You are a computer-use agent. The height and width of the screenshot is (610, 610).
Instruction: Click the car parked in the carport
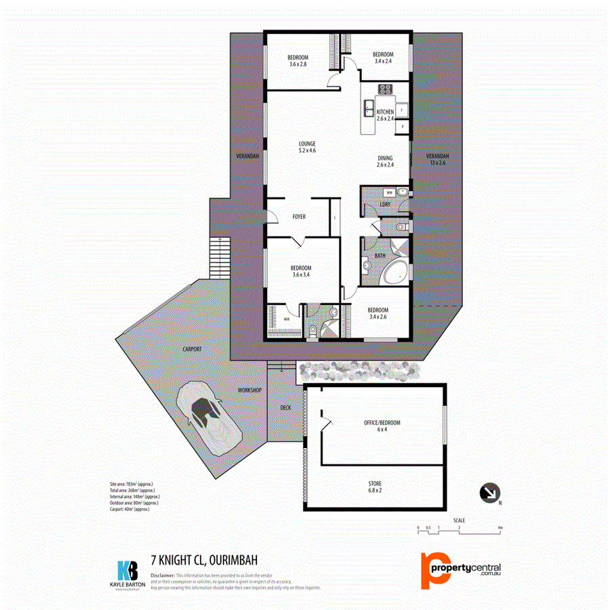pos(207,418)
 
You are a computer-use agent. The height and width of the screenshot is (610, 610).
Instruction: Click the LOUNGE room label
pos(308,147)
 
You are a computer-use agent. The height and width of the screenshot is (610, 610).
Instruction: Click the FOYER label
pos(299,217)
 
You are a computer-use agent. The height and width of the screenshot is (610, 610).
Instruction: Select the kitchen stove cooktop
pos(385,89)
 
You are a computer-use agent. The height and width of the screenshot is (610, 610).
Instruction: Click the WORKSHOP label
pos(249,391)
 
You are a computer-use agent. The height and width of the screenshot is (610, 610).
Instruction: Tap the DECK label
pos(285,407)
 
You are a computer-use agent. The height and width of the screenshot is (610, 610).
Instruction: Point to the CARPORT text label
pos(192,349)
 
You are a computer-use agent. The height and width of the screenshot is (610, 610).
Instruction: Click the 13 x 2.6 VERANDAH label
pos(439,159)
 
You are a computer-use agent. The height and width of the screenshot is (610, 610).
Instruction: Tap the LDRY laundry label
pos(385,204)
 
